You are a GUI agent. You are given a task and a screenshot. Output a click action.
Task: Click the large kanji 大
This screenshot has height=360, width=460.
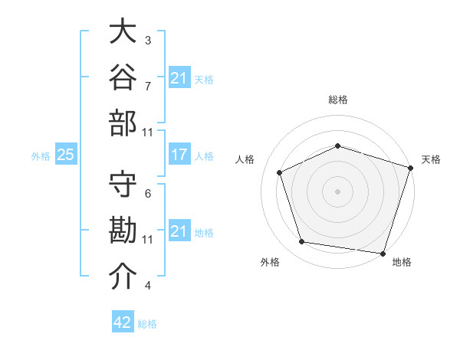[123, 31]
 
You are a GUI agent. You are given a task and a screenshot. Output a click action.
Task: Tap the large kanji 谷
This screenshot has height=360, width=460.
[123, 77]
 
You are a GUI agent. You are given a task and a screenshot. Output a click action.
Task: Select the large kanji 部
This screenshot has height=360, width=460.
[123, 123]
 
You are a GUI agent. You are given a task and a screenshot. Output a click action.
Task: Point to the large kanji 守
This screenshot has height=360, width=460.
[123, 184]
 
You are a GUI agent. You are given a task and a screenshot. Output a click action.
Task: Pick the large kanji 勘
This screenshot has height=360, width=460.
[123, 230]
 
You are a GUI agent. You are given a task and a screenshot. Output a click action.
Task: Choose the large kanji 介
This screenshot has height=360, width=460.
[123, 276]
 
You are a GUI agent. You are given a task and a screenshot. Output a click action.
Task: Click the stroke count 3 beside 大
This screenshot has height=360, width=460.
[148, 41]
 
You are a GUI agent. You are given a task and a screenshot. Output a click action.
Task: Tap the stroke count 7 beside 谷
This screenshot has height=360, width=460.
[148, 87]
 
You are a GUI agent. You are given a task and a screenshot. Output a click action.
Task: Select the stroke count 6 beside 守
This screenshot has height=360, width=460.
[148, 194]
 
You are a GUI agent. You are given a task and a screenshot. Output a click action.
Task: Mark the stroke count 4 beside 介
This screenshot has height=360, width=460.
[148, 285]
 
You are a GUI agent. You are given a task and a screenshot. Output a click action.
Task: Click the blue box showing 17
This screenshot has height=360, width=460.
[179, 154]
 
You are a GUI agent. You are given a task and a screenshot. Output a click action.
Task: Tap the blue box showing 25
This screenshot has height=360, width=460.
[66, 154]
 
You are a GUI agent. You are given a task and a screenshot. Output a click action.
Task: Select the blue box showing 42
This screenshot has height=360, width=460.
[123, 321]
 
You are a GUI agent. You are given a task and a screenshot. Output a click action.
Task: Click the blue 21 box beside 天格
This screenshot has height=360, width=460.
[179, 77]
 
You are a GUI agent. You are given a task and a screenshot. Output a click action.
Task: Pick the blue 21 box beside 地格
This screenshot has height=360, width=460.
[179, 230]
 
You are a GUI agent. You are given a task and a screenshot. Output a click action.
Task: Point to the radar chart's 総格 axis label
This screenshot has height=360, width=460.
[338, 100]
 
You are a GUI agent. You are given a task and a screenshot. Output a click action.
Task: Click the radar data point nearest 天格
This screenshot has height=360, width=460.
[411, 168]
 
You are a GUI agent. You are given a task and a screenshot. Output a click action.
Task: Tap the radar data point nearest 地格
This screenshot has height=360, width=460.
[383, 254]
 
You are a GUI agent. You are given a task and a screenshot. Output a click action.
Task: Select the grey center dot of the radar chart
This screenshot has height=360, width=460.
[337, 191]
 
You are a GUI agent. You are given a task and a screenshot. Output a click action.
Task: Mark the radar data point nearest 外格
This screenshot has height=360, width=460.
[301, 242]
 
